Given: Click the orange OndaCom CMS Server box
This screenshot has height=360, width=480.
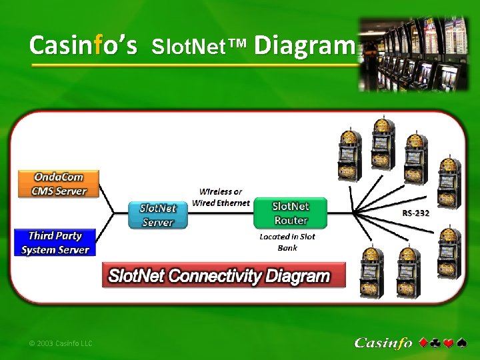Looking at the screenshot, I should click(x=59, y=183).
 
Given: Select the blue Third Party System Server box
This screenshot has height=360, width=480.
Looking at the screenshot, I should click(x=55, y=243).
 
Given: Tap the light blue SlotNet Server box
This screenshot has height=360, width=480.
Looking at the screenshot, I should click(x=158, y=215).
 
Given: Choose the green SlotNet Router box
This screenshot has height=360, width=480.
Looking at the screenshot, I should click(x=291, y=213).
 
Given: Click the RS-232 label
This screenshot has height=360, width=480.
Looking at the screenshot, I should click(x=415, y=213).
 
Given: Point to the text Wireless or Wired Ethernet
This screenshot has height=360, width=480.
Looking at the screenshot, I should click(x=221, y=197).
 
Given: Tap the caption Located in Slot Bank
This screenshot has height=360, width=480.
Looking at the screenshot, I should click(x=287, y=242).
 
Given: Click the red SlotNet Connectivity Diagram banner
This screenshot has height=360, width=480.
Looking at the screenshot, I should click(x=224, y=275).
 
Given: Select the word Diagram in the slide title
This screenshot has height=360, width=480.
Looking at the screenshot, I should click(x=303, y=45).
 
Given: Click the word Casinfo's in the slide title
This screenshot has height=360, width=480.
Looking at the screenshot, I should click(x=83, y=45).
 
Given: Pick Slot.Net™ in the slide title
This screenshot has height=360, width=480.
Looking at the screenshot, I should click(x=199, y=46).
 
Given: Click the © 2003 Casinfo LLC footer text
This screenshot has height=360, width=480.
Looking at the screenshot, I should click(x=61, y=343).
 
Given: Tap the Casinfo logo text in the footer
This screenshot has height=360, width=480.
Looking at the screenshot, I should click(x=383, y=343).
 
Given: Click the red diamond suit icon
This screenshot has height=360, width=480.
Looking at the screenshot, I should click(x=423, y=343).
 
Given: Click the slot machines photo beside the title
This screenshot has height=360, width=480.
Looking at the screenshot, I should click(x=417, y=54).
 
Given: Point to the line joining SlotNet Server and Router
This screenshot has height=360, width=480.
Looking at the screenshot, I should click(x=221, y=213).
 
